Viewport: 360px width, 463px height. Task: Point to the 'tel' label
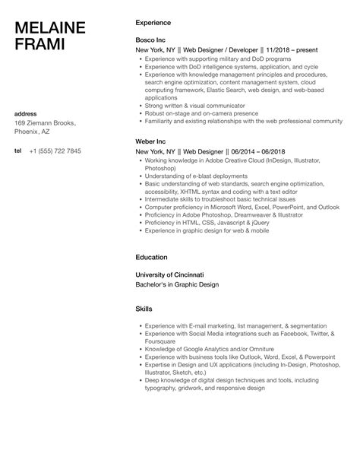18,151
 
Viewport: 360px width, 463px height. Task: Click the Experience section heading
153,23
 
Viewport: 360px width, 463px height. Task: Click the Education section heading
152,258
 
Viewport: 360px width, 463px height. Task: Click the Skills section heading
144,310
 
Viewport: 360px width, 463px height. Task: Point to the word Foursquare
162,341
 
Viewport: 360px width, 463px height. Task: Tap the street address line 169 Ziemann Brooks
46,123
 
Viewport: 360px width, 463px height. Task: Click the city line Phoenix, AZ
34,132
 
